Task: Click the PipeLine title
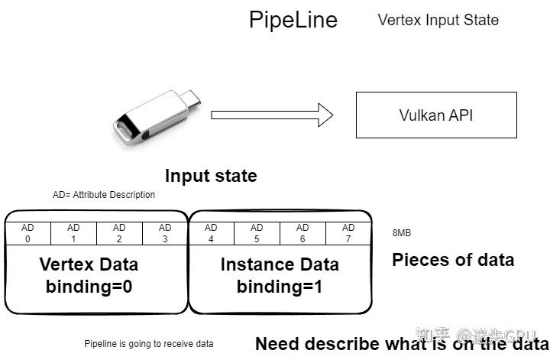pyautogui.click(x=293, y=19)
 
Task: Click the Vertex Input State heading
pyautogui.click(x=438, y=20)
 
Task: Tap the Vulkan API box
pyautogui.click(x=436, y=115)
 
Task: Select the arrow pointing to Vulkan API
pyautogui.click(x=272, y=115)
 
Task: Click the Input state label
pyautogui.click(x=211, y=176)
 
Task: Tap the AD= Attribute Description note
pyautogui.click(x=104, y=195)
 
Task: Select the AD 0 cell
pyautogui.click(x=27, y=233)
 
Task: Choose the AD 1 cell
pyautogui.click(x=73, y=233)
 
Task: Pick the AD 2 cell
pyautogui.click(x=119, y=233)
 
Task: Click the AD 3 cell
pyautogui.click(x=165, y=233)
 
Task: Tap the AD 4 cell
pyautogui.click(x=211, y=233)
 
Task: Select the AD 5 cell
pyautogui.click(x=257, y=233)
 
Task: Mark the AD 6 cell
pyautogui.click(x=302, y=233)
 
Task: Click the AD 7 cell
pyautogui.click(x=348, y=233)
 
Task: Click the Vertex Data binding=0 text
pyautogui.click(x=89, y=276)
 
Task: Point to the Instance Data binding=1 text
pyautogui.click(x=280, y=276)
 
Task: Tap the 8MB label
pyautogui.click(x=401, y=233)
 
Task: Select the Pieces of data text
pyautogui.click(x=453, y=260)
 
